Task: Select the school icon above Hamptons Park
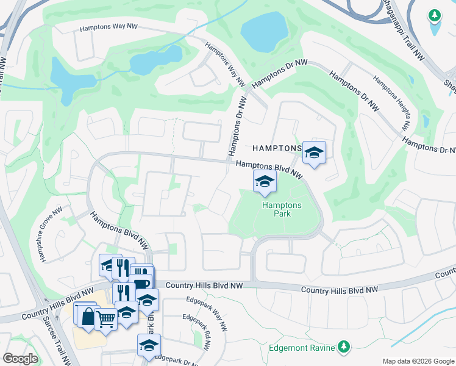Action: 265,181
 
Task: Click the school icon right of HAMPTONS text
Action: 314,152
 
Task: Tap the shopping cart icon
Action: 106,317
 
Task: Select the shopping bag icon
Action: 87,316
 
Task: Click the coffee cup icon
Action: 141,285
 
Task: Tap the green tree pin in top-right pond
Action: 434,16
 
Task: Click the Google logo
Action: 20,359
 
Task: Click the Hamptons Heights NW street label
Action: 390,103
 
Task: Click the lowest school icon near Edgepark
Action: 149,345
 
